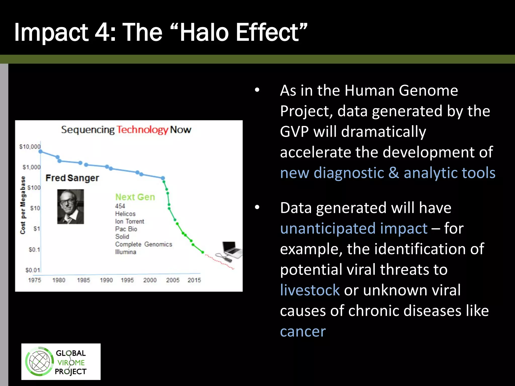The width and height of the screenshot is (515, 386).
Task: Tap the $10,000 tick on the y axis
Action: tap(30, 147)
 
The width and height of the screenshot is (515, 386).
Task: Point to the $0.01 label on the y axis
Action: tap(33, 270)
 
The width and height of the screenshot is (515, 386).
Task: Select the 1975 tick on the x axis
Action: tap(34, 280)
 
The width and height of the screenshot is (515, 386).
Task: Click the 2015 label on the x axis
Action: tap(194, 280)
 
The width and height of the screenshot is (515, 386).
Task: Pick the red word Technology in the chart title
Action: tap(142, 130)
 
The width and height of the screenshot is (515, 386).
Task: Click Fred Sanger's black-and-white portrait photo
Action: tap(70, 207)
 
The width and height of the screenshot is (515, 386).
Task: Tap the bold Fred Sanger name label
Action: tap(72, 178)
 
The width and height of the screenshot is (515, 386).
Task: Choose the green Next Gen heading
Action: tap(135, 197)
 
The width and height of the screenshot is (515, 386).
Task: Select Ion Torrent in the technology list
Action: tap(130, 221)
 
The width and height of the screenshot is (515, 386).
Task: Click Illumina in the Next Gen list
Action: tap(125, 252)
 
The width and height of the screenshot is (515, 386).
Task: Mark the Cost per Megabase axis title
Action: tap(23, 205)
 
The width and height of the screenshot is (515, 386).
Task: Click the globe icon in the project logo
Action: tap(39, 362)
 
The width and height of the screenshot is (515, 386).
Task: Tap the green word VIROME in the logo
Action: tap(71, 363)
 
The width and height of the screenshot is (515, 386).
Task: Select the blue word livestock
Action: tap(310, 290)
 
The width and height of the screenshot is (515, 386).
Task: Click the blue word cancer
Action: tap(303, 331)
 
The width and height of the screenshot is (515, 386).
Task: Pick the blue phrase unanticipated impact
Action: tap(354, 228)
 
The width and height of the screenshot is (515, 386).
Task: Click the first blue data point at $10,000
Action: tap(40, 152)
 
